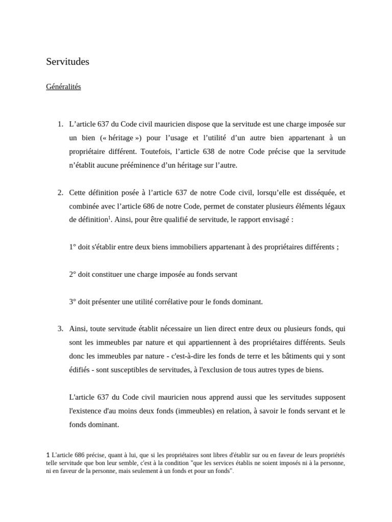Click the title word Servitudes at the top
point(67,62)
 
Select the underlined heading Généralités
point(63,87)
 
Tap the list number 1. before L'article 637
point(60,124)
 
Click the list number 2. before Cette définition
point(60,192)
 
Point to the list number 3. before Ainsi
point(60,329)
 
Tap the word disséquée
point(308,192)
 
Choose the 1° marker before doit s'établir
point(72,247)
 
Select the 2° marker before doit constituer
point(72,274)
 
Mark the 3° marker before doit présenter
point(72,302)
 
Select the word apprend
point(218,397)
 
